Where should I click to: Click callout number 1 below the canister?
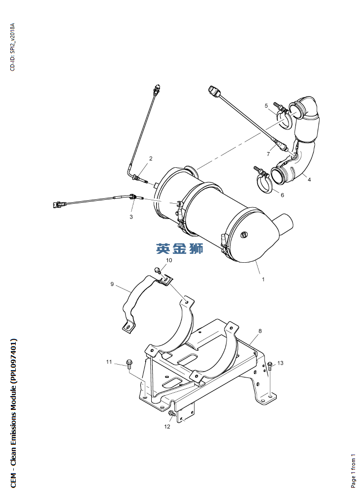pos(263,280)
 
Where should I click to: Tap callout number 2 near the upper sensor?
pos(151,158)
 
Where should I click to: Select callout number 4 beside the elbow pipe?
pos(309,180)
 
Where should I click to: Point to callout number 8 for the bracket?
pos(260,331)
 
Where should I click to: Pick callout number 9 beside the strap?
pos(112,284)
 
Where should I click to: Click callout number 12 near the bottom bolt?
pos(167,426)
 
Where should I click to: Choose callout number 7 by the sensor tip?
pos(268,154)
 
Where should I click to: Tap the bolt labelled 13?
pos(269,366)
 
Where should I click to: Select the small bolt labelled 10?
pos(157,270)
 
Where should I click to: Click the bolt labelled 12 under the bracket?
pos(172,413)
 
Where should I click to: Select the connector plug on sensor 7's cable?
pos(214,91)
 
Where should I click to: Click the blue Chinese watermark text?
pos(180,248)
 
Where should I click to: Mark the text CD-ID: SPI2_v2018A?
pos(12,47)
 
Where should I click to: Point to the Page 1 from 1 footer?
pos(353,471)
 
